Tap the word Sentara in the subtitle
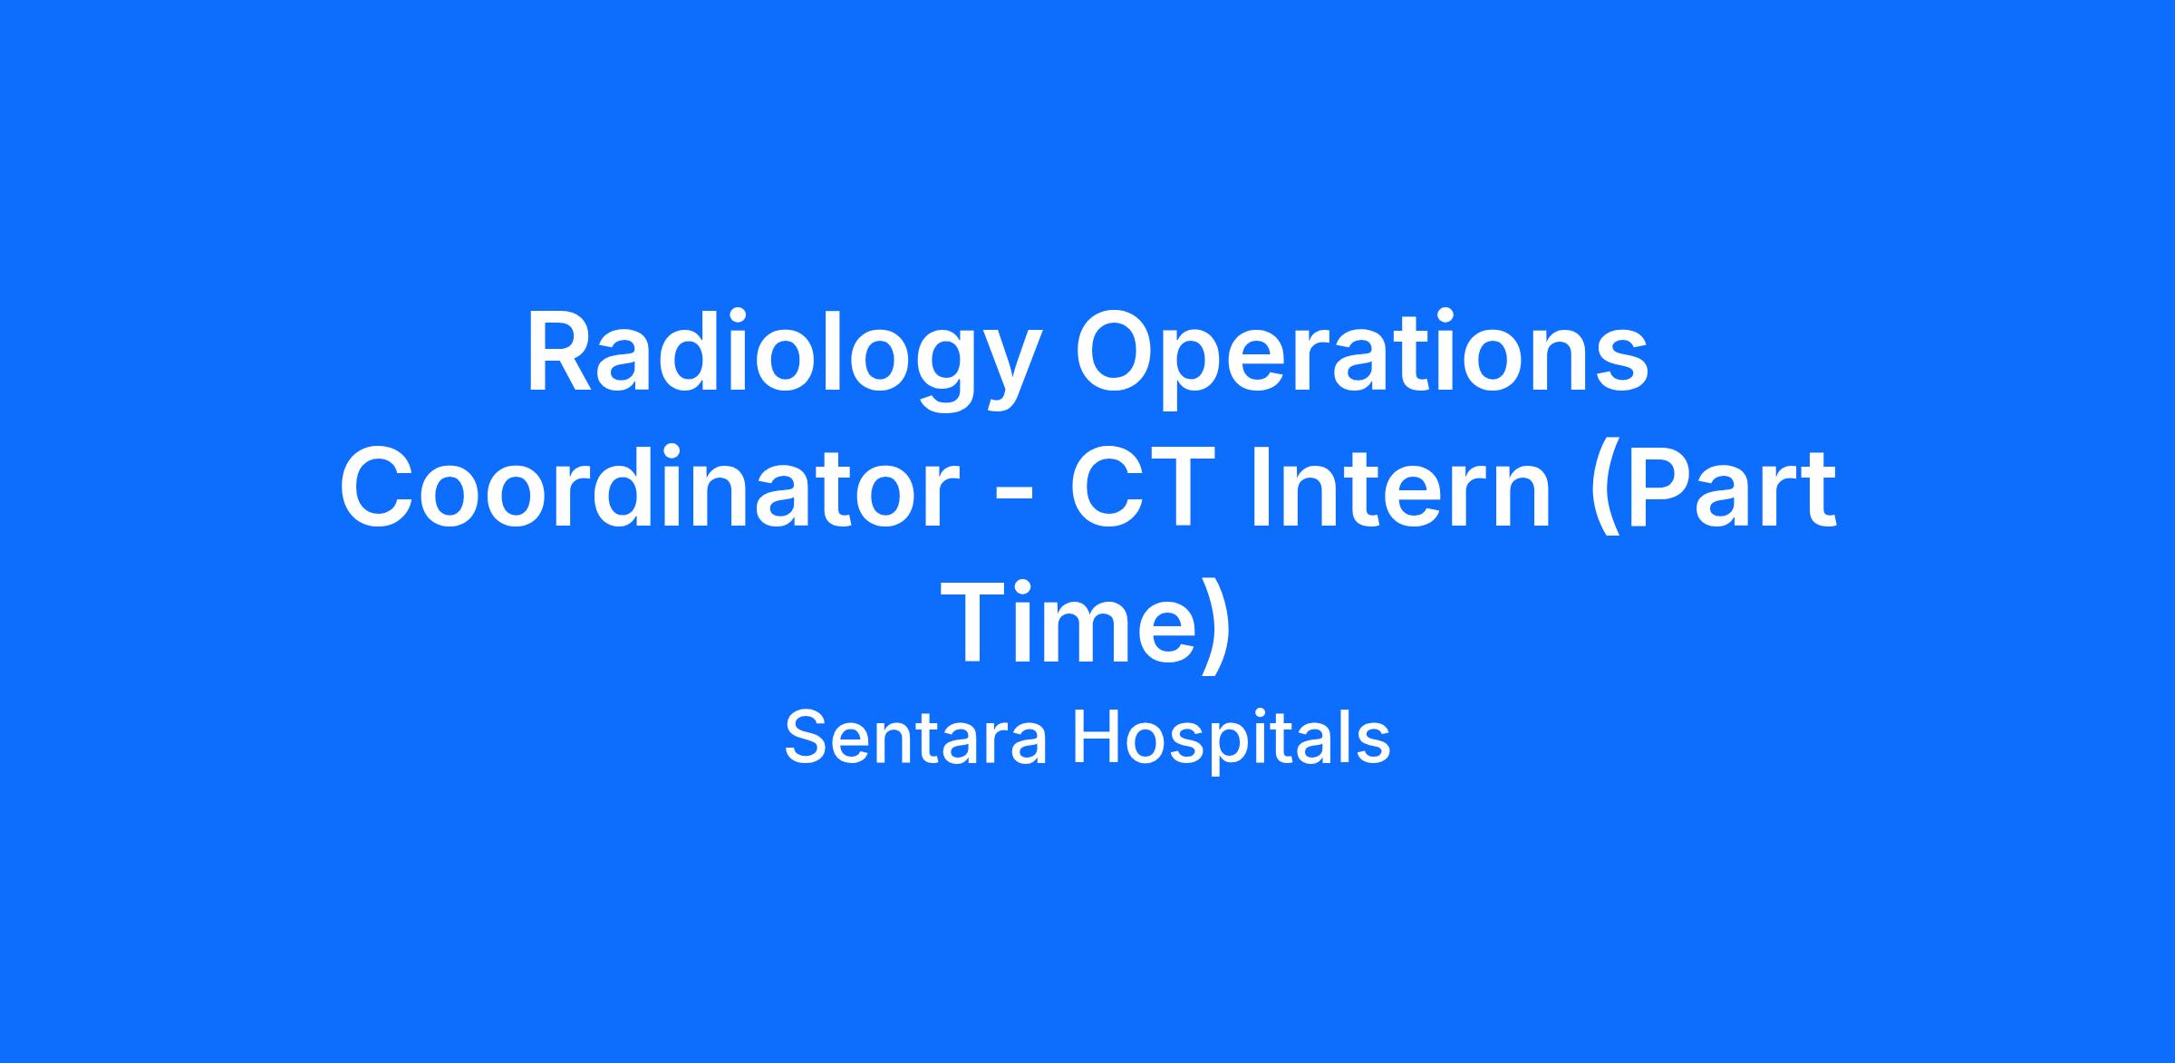[916, 738]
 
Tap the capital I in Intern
[1263, 489]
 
